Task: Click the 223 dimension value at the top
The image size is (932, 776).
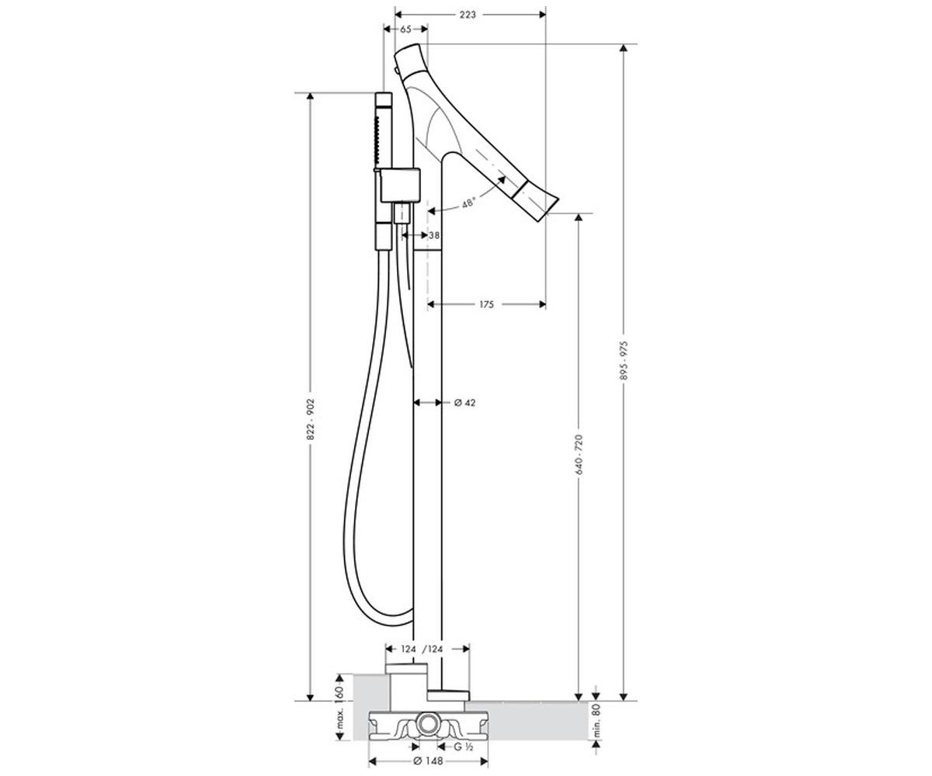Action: click(x=468, y=15)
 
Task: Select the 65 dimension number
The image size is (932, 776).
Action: click(x=405, y=29)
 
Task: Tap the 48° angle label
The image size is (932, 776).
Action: click(x=468, y=203)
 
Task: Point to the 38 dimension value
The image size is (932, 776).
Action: click(x=434, y=235)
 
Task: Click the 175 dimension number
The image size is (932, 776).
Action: click(x=486, y=304)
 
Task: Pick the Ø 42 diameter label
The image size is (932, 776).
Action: click(x=465, y=403)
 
